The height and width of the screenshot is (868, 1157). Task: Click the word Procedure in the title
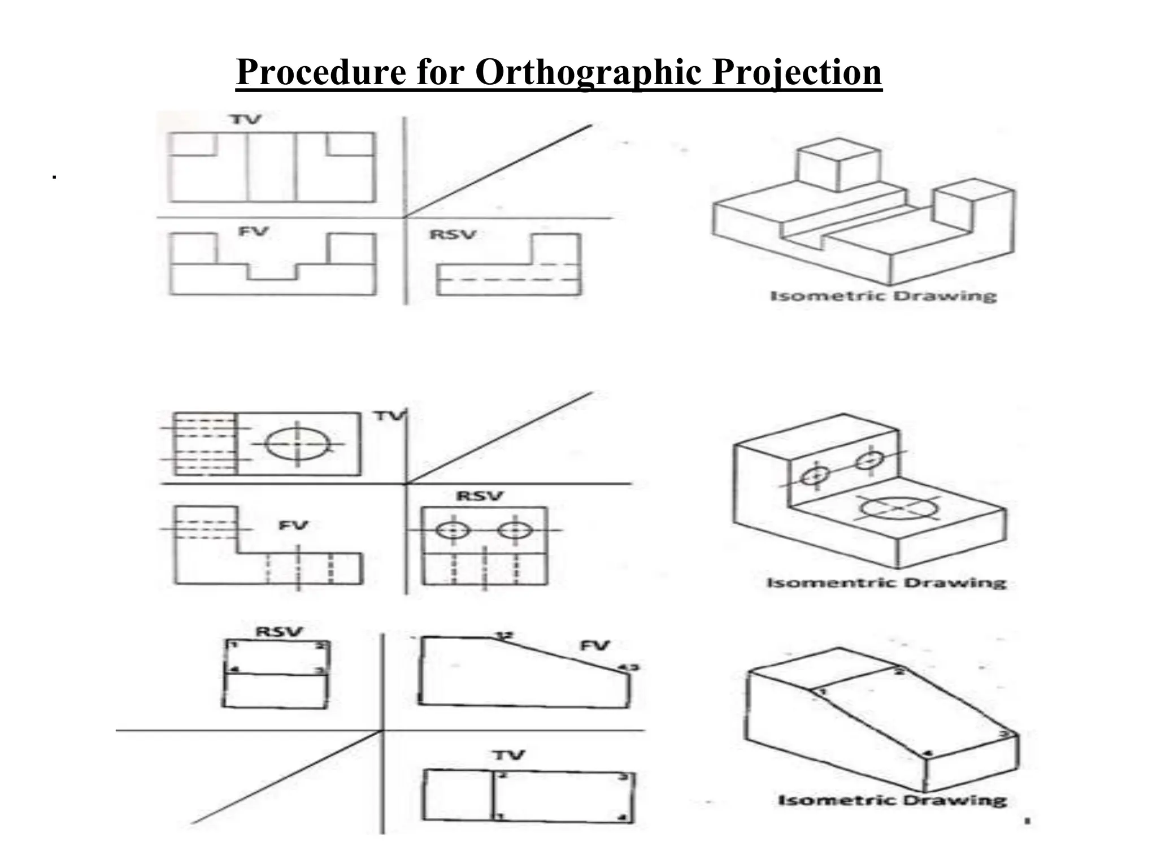(321, 72)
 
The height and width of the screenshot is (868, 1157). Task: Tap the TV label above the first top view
(245, 119)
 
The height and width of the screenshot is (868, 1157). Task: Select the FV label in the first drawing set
(253, 231)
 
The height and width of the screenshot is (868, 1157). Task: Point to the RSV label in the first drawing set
(453, 234)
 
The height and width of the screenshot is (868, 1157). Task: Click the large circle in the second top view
(298, 444)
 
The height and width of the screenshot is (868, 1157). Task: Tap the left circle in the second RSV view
(453, 531)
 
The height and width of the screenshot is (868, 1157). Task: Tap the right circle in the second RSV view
(515, 531)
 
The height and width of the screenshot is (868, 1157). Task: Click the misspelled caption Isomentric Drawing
(886, 583)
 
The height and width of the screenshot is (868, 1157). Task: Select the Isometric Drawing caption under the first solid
(884, 296)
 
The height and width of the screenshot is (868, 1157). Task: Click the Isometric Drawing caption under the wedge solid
(892, 800)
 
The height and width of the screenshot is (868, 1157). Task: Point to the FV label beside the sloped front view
(594, 645)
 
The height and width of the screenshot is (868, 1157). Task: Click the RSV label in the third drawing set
(279, 631)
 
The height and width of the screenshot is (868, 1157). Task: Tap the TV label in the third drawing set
(508, 755)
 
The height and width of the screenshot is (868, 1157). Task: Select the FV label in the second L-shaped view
(293, 526)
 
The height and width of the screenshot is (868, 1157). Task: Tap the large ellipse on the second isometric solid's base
(897, 507)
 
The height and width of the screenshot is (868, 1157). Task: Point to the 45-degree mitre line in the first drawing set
(497, 171)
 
